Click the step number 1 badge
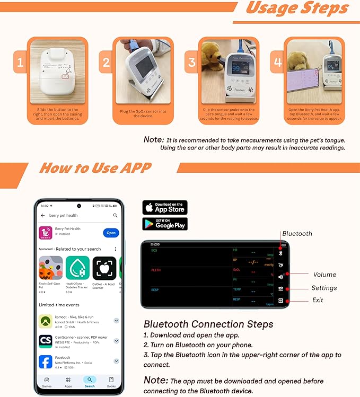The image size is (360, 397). click(x=20, y=64)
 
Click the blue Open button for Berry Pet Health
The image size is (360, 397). click(x=111, y=233)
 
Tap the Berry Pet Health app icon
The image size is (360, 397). click(x=46, y=233)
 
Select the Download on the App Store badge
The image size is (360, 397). click(x=164, y=207)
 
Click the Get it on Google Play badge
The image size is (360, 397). click(x=164, y=224)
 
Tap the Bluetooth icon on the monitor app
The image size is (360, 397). click(x=280, y=253)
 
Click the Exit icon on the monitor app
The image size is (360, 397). click(x=280, y=301)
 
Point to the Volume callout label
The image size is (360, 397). click(x=324, y=275)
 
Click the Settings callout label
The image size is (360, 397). click(x=324, y=288)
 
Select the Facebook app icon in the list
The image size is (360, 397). click(x=46, y=361)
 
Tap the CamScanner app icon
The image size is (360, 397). click(x=46, y=341)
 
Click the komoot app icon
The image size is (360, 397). click(x=46, y=321)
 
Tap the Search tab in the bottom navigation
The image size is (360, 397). click(x=90, y=382)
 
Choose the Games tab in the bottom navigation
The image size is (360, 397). click(x=47, y=382)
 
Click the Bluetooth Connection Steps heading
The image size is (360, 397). click(x=208, y=324)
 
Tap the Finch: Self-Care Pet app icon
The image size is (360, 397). click(x=50, y=268)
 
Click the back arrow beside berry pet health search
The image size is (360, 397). click(x=43, y=216)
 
